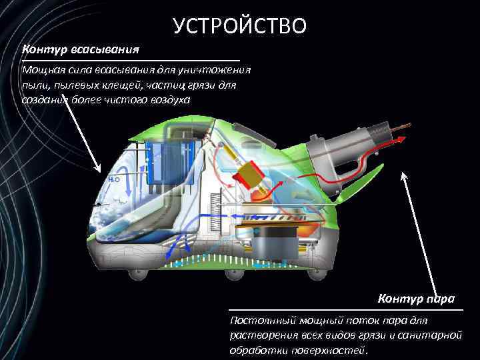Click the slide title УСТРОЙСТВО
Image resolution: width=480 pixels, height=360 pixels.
tap(239, 25)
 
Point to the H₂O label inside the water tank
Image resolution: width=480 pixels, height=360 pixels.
tap(113, 179)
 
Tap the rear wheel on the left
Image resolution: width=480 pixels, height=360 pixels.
tap(142, 272)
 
